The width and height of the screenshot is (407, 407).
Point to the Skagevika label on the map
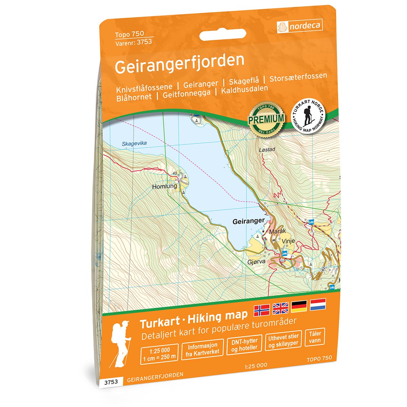click(134, 144)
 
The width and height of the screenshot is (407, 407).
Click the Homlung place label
click(164, 186)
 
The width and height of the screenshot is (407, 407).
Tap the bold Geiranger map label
click(249, 221)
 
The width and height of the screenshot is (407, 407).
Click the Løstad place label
click(266, 149)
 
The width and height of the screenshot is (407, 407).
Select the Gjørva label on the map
click(256, 263)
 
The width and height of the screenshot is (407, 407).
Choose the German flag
click(299, 305)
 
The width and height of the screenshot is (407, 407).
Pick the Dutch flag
click(318, 304)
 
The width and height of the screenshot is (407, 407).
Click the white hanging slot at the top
click(222, 35)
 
